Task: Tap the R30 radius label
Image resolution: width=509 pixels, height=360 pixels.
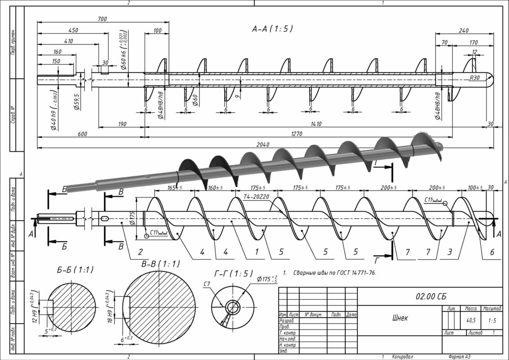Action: [474, 78]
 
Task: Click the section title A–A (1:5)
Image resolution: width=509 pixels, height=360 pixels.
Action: [272, 29]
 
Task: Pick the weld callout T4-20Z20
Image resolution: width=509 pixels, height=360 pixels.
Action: [256, 197]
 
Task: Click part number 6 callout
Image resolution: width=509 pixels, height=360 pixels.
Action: [491, 252]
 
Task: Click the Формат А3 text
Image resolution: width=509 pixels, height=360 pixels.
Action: [456, 356]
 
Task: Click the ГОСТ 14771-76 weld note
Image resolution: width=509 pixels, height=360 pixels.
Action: [334, 273]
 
